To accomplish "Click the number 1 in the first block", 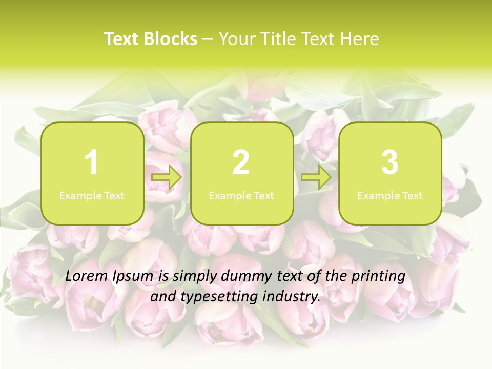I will [x=91, y=163].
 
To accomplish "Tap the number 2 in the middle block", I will [x=241, y=163].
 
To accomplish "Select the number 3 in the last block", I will [x=390, y=163].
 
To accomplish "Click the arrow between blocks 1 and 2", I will [x=167, y=178].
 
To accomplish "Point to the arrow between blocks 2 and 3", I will [x=316, y=178].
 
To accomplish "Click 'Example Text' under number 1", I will [x=92, y=195].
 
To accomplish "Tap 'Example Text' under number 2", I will [x=241, y=195].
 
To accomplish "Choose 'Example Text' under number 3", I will [x=390, y=195].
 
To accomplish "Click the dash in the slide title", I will [x=208, y=39].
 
